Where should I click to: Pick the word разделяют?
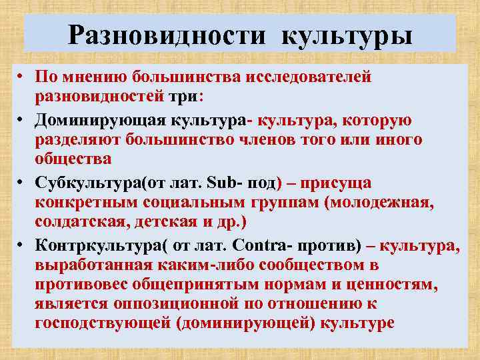(76, 141)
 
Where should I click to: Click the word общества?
(73, 159)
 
